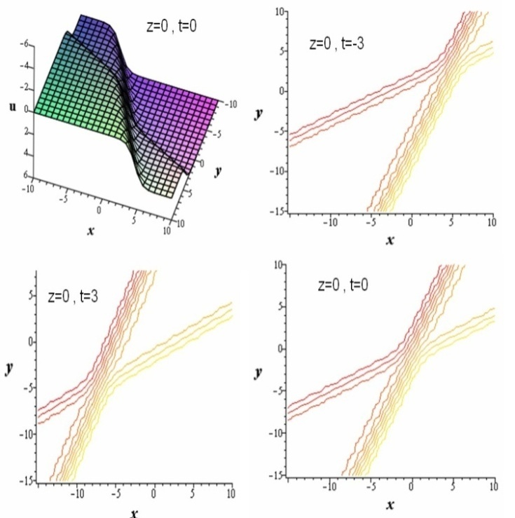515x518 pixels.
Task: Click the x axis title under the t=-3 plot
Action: click(390, 240)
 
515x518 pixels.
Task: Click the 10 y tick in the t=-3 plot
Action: click(279, 12)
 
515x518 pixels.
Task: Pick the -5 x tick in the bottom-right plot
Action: click(370, 486)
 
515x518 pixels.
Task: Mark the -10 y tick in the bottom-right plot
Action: click(277, 433)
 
